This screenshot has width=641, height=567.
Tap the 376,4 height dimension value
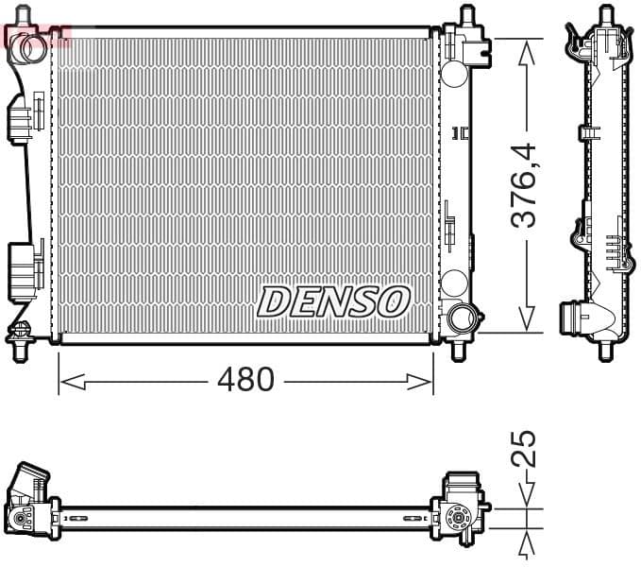coord(525,185)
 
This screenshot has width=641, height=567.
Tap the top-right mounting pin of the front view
coord(465,16)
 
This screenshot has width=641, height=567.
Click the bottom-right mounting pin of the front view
coord(459,350)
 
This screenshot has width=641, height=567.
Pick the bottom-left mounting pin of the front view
coord(19,348)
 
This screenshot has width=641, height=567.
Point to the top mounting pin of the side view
coord(604,16)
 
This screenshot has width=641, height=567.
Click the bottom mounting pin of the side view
coord(604,351)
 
